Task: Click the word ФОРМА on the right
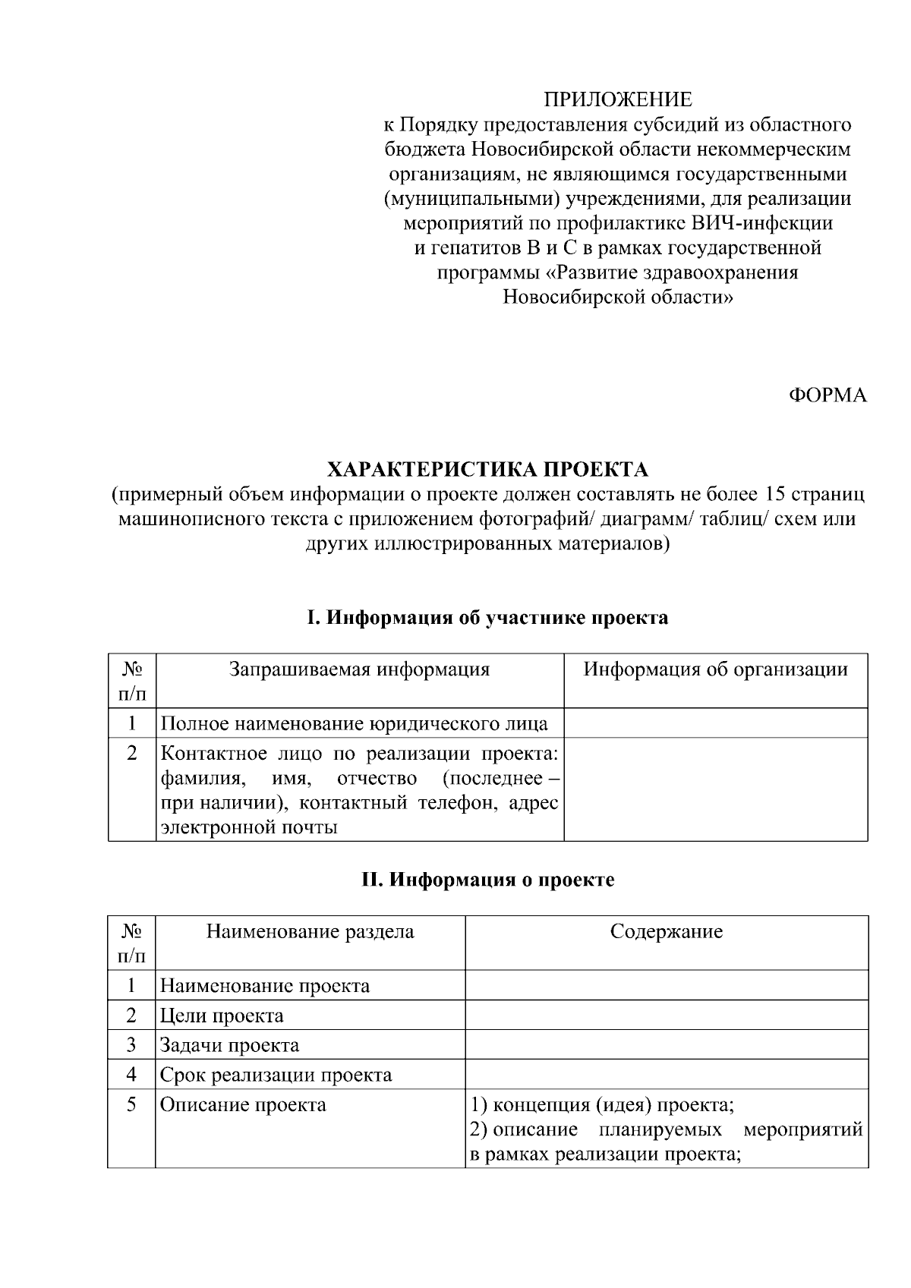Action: [x=827, y=395]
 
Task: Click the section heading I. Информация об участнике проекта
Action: [x=487, y=618]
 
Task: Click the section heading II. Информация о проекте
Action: [x=487, y=880]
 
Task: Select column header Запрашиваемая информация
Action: [x=360, y=669]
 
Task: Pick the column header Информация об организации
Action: [x=715, y=669]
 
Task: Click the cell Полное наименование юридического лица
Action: [x=355, y=723]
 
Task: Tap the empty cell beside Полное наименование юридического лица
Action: [x=715, y=723]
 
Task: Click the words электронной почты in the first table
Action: [x=249, y=827]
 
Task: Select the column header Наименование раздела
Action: [x=310, y=931]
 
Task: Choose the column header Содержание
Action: [x=666, y=931]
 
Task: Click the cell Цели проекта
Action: [x=222, y=1016]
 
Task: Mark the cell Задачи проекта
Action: [x=229, y=1045]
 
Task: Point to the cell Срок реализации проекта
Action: [x=276, y=1075]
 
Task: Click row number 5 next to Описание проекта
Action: [x=131, y=1104]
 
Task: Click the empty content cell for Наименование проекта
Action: [x=666, y=985]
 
